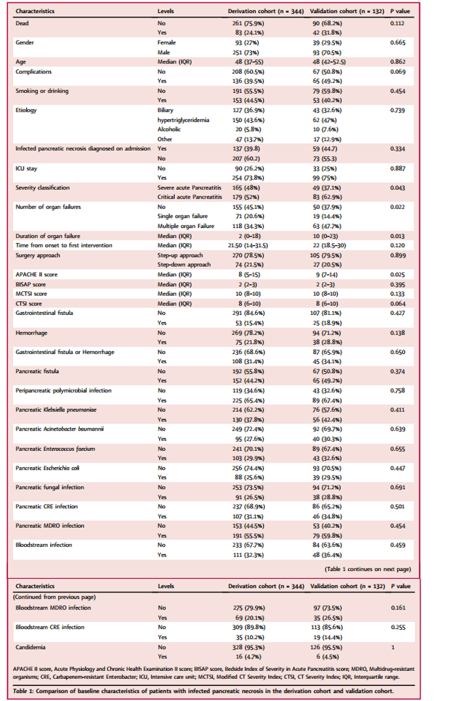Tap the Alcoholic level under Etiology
[x=169, y=130]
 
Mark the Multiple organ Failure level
[x=185, y=225]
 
